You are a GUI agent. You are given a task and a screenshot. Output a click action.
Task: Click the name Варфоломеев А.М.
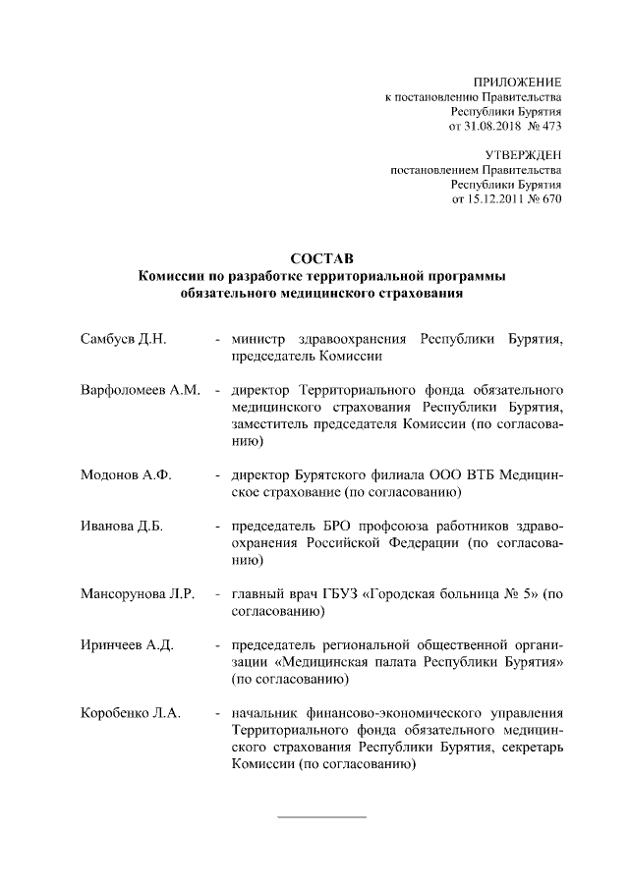point(140,391)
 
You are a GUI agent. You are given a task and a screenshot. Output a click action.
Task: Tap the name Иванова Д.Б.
point(121,527)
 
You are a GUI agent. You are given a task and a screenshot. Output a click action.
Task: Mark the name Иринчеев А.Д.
point(127,645)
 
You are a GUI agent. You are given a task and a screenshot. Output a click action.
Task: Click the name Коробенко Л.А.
point(130,713)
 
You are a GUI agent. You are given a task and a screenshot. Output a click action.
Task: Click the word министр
point(258,340)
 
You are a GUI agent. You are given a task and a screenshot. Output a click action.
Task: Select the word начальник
point(263,713)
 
